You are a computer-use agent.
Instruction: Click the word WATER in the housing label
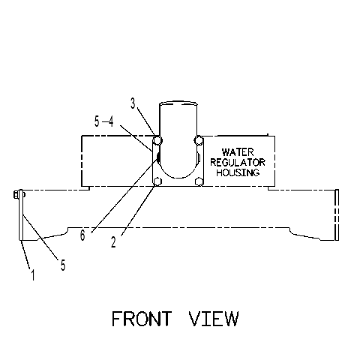[x=238, y=152]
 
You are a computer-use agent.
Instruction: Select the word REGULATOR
[x=238, y=162]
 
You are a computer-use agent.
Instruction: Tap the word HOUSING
[x=238, y=172]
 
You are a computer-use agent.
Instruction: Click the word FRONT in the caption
[x=142, y=319]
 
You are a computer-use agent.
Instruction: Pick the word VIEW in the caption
[x=214, y=319]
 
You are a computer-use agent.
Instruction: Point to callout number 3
[x=133, y=103]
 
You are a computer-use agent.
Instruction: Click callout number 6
[x=82, y=235]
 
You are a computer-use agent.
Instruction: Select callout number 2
[x=113, y=242]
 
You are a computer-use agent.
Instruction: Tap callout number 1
[x=33, y=275]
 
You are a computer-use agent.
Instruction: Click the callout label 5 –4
[x=104, y=121]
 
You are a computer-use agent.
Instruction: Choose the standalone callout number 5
[x=63, y=265]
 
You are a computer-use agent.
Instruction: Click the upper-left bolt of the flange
[x=157, y=140]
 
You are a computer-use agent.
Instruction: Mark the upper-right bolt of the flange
[x=199, y=140]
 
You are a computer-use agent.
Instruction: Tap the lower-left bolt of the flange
[x=157, y=181]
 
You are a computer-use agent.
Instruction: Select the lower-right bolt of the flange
[x=199, y=181]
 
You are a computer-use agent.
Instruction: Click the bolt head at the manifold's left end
[x=16, y=195]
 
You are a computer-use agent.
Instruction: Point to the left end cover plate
[x=21, y=214]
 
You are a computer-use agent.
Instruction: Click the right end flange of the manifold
[x=337, y=215]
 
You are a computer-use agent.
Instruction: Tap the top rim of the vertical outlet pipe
[x=178, y=102]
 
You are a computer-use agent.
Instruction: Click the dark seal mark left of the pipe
[x=158, y=157]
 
